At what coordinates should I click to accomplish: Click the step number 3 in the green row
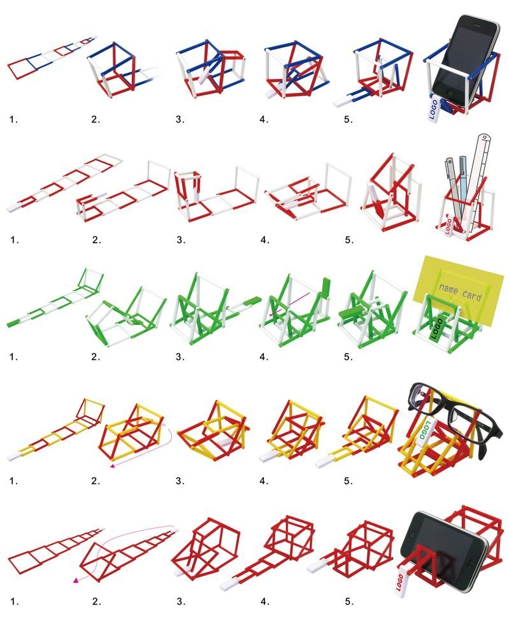180,357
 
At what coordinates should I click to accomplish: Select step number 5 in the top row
348,119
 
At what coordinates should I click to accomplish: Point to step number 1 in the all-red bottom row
14,601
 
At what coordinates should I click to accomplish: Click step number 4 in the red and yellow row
264,481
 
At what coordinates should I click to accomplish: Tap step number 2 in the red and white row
96,240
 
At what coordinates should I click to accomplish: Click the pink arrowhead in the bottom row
76,580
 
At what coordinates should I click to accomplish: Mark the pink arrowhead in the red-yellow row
113,466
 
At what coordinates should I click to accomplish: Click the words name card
460,292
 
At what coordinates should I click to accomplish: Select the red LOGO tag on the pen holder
448,225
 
